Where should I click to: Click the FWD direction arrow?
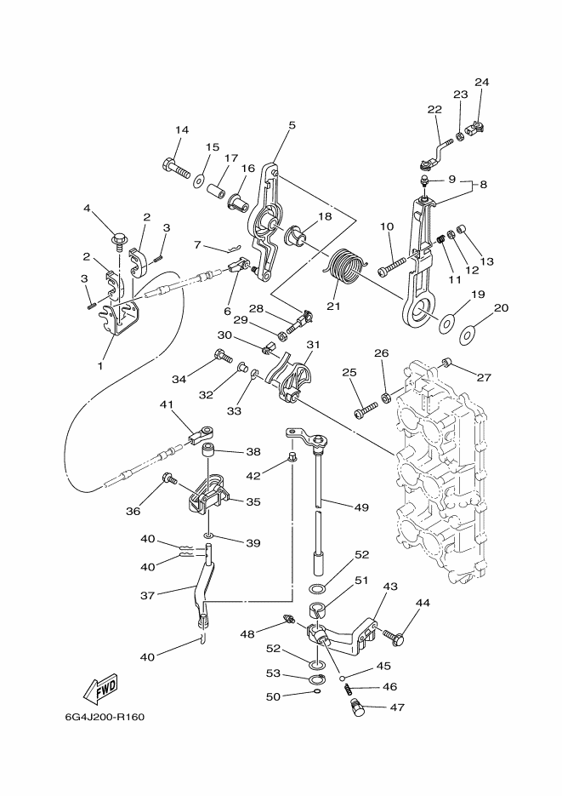point(101,690)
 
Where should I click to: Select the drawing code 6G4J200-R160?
point(105,718)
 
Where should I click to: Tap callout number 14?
point(182,130)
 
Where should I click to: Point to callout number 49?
point(362,507)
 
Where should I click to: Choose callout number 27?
point(484,377)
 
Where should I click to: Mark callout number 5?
point(292,125)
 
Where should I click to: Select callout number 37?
point(147,595)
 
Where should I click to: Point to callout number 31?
point(313,345)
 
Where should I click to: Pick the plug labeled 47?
point(358,707)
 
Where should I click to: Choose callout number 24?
point(482,83)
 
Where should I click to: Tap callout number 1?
point(99,365)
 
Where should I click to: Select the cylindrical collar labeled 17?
point(216,192)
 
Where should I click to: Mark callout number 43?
point(390,587)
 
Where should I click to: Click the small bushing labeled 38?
point(209,450)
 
